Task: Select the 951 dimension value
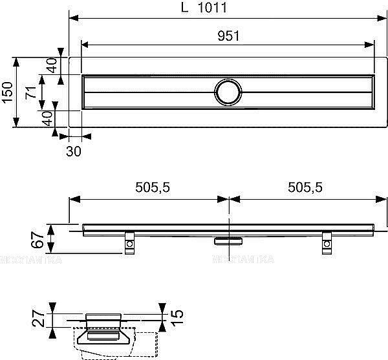(228, 36)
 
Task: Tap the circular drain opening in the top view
(228, 92)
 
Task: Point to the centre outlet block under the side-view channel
(228, 240)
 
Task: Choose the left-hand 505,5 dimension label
(152, 187)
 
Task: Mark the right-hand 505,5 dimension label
(304, 187)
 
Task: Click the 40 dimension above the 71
(52, 65)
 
